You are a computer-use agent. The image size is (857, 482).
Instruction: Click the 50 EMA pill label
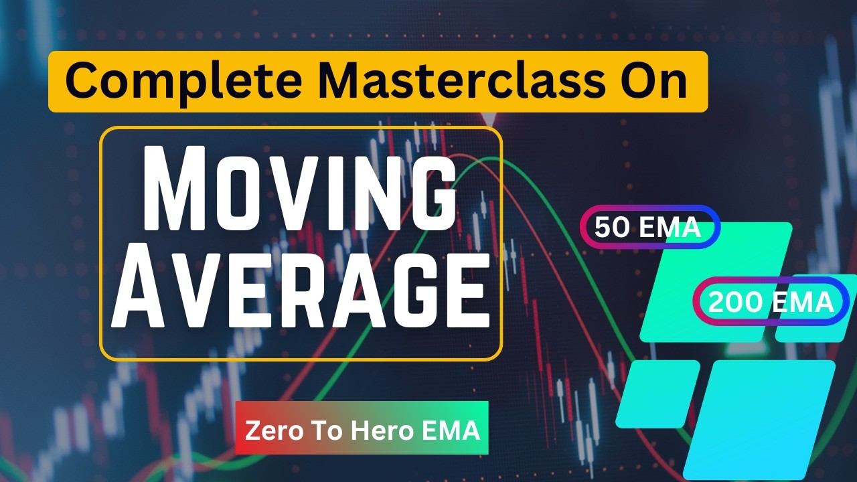pos(648,228)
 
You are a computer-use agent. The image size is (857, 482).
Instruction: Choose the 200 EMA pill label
pos(771,303)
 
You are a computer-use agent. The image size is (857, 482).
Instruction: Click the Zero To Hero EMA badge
pos(362,430)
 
